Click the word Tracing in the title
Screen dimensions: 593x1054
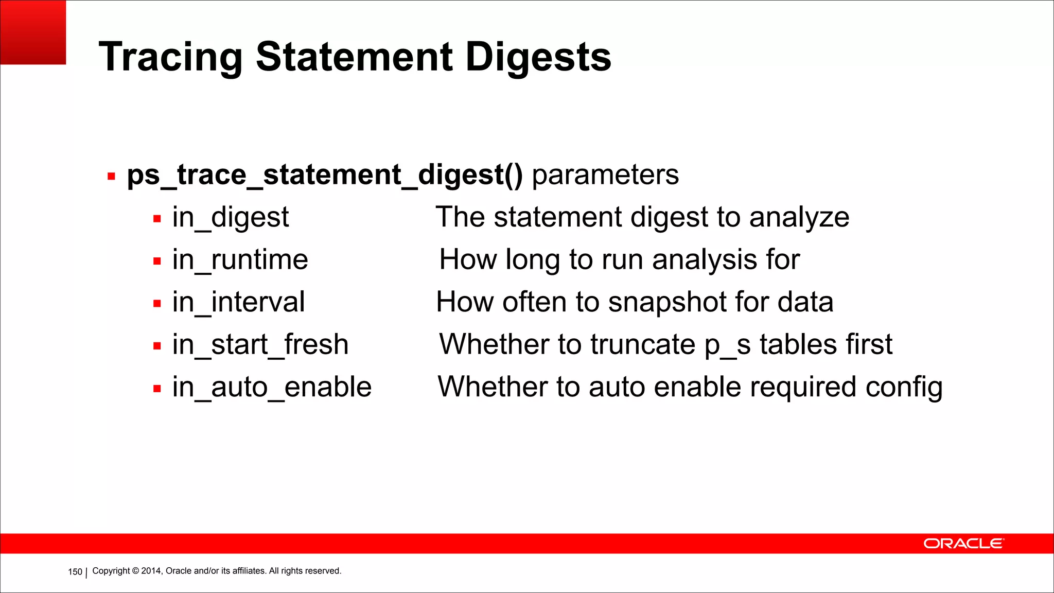click(x=170, y=57)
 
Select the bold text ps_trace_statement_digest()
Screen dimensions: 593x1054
click(x=325, y=175)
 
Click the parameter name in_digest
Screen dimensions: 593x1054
click(x=231, y=217)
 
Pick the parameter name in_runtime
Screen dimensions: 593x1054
click(x=240, y=259)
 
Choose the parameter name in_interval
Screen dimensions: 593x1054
click(x=238, y=302)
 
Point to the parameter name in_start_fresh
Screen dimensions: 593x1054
click(x=260, y=344)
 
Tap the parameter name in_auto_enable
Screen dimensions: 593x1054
click(x=272, y=387)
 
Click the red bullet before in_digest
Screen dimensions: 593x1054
click(x=157, y=219)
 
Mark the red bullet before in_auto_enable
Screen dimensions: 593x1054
click(x=157, y=389)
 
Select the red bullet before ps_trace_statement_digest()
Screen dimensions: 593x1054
click(x=111, y=177)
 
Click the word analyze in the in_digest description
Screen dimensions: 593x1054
click(x=799, y=217)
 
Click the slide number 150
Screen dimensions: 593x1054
click(x=75, y=572)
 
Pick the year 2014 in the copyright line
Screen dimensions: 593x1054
click(x=151, y=571)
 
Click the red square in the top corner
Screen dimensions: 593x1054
click(x=33, y=32)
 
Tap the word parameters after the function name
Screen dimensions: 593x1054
click(x=605, y=175)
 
